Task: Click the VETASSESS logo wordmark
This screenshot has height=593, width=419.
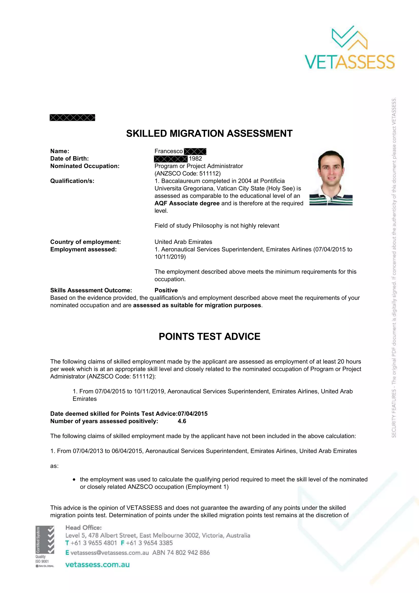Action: (x=350, y=62)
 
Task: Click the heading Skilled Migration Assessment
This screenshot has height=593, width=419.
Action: (x=209, y=134)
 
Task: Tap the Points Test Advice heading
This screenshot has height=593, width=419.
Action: (x=209, y=336)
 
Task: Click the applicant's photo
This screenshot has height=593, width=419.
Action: (x=331, y=178)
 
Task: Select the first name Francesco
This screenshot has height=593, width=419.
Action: (x=169, y=151)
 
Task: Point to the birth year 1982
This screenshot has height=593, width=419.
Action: (x=195, y=158)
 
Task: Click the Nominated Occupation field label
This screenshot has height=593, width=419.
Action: (x=85, y=166)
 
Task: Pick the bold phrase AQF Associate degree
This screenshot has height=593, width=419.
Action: (x=187, y=203)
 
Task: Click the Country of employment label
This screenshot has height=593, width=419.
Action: (x=85, y=242)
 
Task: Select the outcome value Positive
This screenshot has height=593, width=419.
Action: (x=166, y=290)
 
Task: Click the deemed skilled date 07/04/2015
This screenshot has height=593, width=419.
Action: (x=193, y=414)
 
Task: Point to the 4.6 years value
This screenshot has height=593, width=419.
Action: (x=182, y=421)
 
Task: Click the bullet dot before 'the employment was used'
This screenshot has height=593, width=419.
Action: (x=74, y=480)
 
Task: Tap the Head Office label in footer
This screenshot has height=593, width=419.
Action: (x=83, y=527)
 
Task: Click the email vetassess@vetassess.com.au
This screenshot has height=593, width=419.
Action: (x=110, y=552)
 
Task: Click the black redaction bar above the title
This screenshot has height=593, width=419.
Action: (x=72, y=118)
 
